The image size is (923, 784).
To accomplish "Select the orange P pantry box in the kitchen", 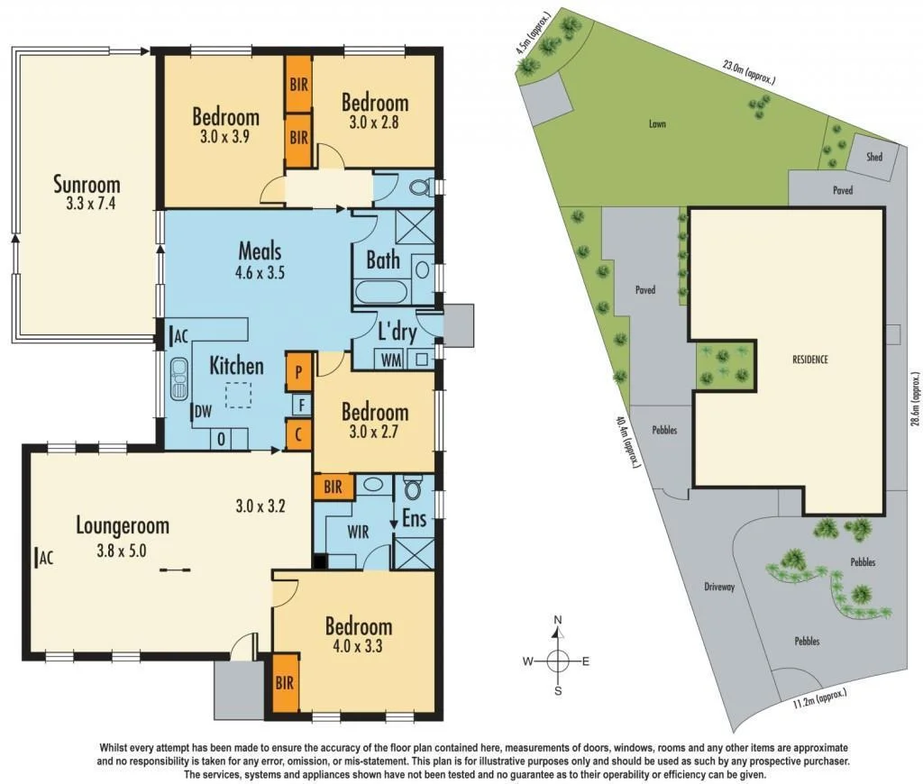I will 298,370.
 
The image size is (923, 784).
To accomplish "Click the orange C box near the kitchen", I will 298,436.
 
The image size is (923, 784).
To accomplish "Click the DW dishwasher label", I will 203,412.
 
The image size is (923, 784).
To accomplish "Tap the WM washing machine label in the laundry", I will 389,360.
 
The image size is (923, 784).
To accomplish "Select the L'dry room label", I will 397,333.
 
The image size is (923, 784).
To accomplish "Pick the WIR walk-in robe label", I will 358,532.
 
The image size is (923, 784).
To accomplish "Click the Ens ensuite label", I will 414,520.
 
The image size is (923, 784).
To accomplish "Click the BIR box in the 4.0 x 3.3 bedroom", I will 285,684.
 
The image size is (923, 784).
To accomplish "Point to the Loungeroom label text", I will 122,524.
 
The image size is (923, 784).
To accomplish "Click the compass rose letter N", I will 558,620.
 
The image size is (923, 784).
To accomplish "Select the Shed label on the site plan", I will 873,157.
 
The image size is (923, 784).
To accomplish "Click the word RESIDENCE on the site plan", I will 809,359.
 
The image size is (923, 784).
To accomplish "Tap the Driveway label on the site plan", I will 719,587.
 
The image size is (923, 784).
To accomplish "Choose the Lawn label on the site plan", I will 656,124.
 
